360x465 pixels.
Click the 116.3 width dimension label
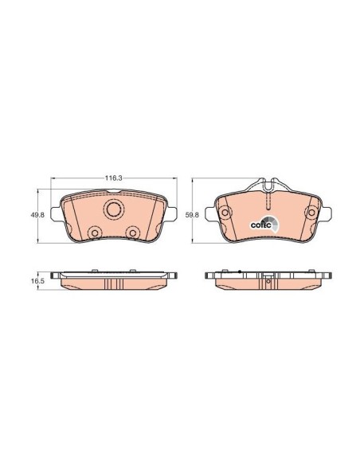point(114,178)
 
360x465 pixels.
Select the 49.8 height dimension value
point(37,215)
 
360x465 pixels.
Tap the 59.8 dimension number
point(192,215)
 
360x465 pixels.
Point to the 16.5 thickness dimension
point(37,280)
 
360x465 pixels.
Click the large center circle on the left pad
point(115,209)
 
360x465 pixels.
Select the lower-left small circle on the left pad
point(95,232)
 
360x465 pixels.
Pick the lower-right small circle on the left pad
point(132,232)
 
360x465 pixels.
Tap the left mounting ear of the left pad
point(56,213)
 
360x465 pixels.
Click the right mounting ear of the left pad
point(172,213)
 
